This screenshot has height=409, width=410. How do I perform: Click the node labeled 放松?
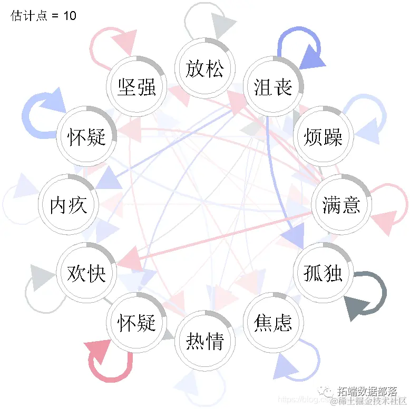[205, 68]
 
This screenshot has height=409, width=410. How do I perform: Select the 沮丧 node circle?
[273, 86]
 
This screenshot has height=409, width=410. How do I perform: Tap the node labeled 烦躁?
[323, 137]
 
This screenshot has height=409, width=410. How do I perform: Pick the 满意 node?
[341, 205]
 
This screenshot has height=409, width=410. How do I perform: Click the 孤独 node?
[323, 273]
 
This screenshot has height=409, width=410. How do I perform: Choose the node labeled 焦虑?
[273, 322]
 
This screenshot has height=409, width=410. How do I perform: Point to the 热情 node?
[205, 341]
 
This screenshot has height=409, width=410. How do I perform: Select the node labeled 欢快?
[86, 273]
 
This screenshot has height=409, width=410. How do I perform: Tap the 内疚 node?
[69, 205]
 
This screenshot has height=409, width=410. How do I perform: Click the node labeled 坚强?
[137, 86]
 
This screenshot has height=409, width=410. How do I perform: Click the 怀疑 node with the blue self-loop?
[86, 137]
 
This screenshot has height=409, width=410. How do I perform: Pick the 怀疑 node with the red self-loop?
[137, 322]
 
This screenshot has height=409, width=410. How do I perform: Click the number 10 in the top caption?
[70, 16]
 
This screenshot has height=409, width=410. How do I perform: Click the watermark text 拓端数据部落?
[367, 392]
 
